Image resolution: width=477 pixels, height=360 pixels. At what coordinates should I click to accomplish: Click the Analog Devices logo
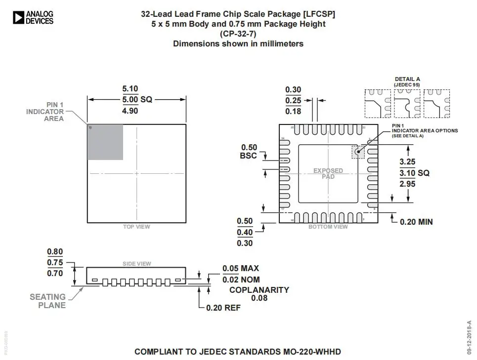coord(33,18)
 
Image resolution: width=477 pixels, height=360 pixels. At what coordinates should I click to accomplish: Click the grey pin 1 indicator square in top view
coord(105,142)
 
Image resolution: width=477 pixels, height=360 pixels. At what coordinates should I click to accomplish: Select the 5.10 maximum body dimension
coord(130,89)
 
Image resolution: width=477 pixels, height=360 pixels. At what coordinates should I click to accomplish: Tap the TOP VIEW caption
coord(136,227)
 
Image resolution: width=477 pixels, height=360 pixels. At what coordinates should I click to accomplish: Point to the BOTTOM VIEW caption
coord(328,227)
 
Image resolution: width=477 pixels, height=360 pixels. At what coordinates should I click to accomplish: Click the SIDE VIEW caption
coord(137,264)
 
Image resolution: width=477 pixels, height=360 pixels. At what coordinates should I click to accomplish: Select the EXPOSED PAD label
coord(328,174)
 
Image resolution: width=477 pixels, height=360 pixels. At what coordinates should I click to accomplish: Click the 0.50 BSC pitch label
coord(249,152)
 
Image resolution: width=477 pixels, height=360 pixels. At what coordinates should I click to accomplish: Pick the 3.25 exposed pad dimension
coord(407,162)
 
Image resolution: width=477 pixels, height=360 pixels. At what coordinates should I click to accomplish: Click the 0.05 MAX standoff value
coord(240,269)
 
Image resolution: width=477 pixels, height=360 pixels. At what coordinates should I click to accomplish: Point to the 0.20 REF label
coord(223,308)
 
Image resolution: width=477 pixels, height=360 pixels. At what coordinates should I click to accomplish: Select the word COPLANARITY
coord(259,290)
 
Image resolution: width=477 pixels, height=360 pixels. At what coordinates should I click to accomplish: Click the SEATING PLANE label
coord(47,301)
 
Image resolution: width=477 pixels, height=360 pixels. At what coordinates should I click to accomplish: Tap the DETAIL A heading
coord(407,79)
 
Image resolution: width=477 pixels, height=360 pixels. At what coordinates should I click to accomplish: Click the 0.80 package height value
coord(55,252)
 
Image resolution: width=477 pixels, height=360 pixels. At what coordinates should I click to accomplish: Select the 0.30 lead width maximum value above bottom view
coord(293,89)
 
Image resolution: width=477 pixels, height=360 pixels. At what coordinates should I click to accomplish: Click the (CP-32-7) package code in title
coord(238,34)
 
